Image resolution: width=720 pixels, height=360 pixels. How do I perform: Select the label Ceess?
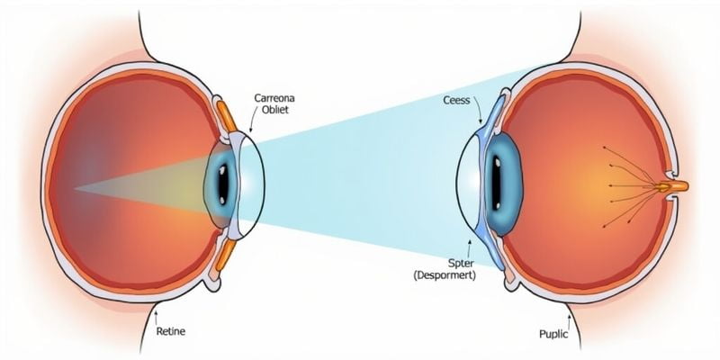click(x=458, y=101)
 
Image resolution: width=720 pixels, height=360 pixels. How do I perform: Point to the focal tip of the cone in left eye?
click(x=76, y=189)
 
